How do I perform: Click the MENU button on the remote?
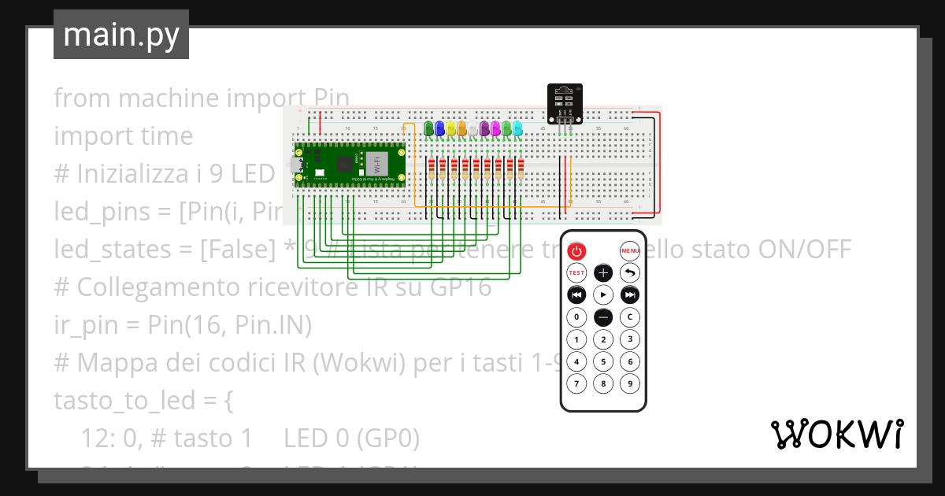click(x=629, y=251)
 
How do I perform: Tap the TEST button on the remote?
click(x=576, y=273)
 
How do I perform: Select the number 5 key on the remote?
click(x=602, y=362)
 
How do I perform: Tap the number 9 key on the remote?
click(x=629, y=384)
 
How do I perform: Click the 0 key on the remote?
click(x=576, y=317)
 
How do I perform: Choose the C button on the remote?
click(x=629, y=317)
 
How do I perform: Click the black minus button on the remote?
click(x=602, y=317)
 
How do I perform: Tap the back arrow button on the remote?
click(x=629, y=273)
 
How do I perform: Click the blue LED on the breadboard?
click(x=439, y=128)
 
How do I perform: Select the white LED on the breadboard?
click(x=473, y=129)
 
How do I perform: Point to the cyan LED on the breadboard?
click(x=517, y=128)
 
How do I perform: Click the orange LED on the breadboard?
click(x=461, y=128)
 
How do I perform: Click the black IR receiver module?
click(x=565, y=103)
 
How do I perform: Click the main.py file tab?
click(x=120, y=35)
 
